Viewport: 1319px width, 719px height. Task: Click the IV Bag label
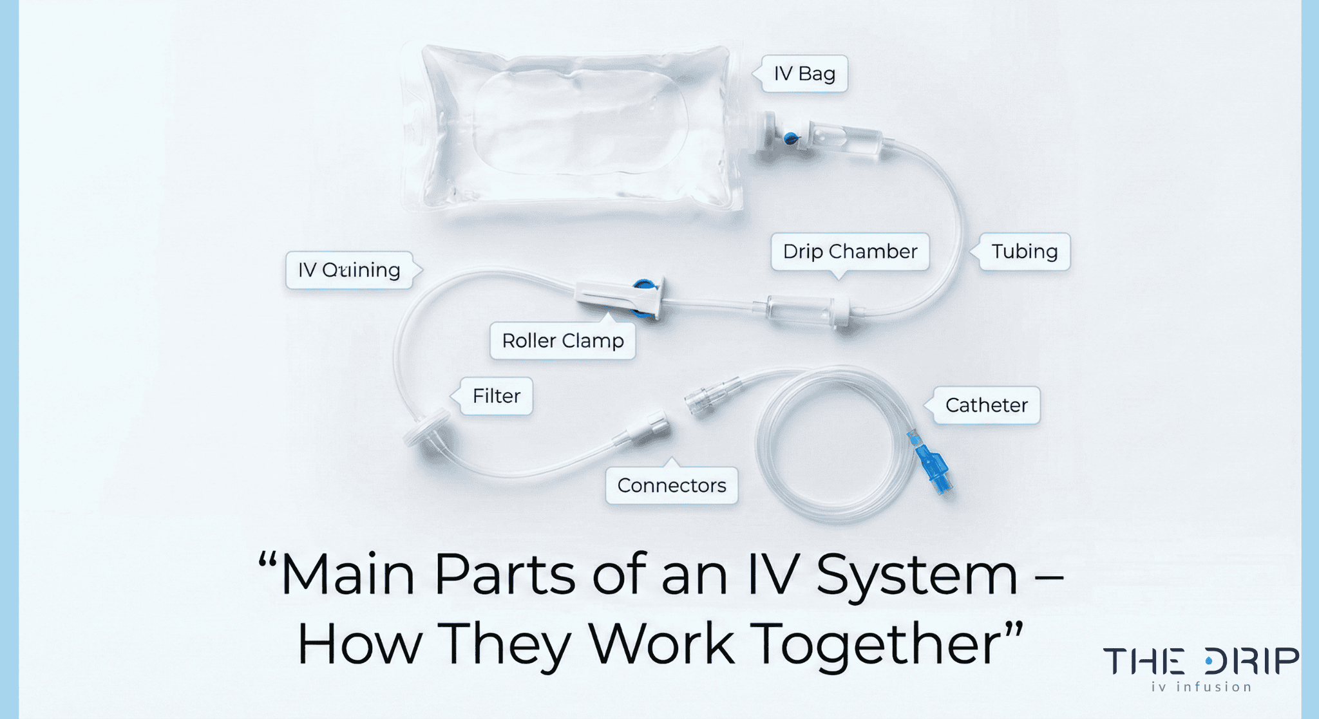click(x=804, y=74)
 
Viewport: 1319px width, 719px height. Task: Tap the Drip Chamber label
click(x=849, y=251)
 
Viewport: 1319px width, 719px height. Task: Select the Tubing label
click(x=1024, y=251)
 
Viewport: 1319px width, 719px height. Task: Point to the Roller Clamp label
click(x=562, y=341)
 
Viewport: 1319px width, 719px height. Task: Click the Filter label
click(x=496, y=396)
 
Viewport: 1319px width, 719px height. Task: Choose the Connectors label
click(x=671, y=485)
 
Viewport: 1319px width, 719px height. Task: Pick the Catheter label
click(x=986, y=405)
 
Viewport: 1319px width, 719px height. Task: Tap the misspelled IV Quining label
click(x=348, y=270)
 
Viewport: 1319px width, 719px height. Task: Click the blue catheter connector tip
click(x=933, y=468)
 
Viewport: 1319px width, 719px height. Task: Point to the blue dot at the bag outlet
click(x=790, y=137)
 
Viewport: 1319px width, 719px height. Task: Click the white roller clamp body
click(x=615, y=298)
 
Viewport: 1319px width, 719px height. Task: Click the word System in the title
click(x=916, y=574)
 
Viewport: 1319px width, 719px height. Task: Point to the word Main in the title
click(x=348, y=574)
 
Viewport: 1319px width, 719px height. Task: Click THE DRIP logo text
click(x=1200, y=661)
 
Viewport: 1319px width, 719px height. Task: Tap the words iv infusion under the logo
click(x=1201, y=687)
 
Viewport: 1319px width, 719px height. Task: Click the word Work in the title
click(x=661, y=644)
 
